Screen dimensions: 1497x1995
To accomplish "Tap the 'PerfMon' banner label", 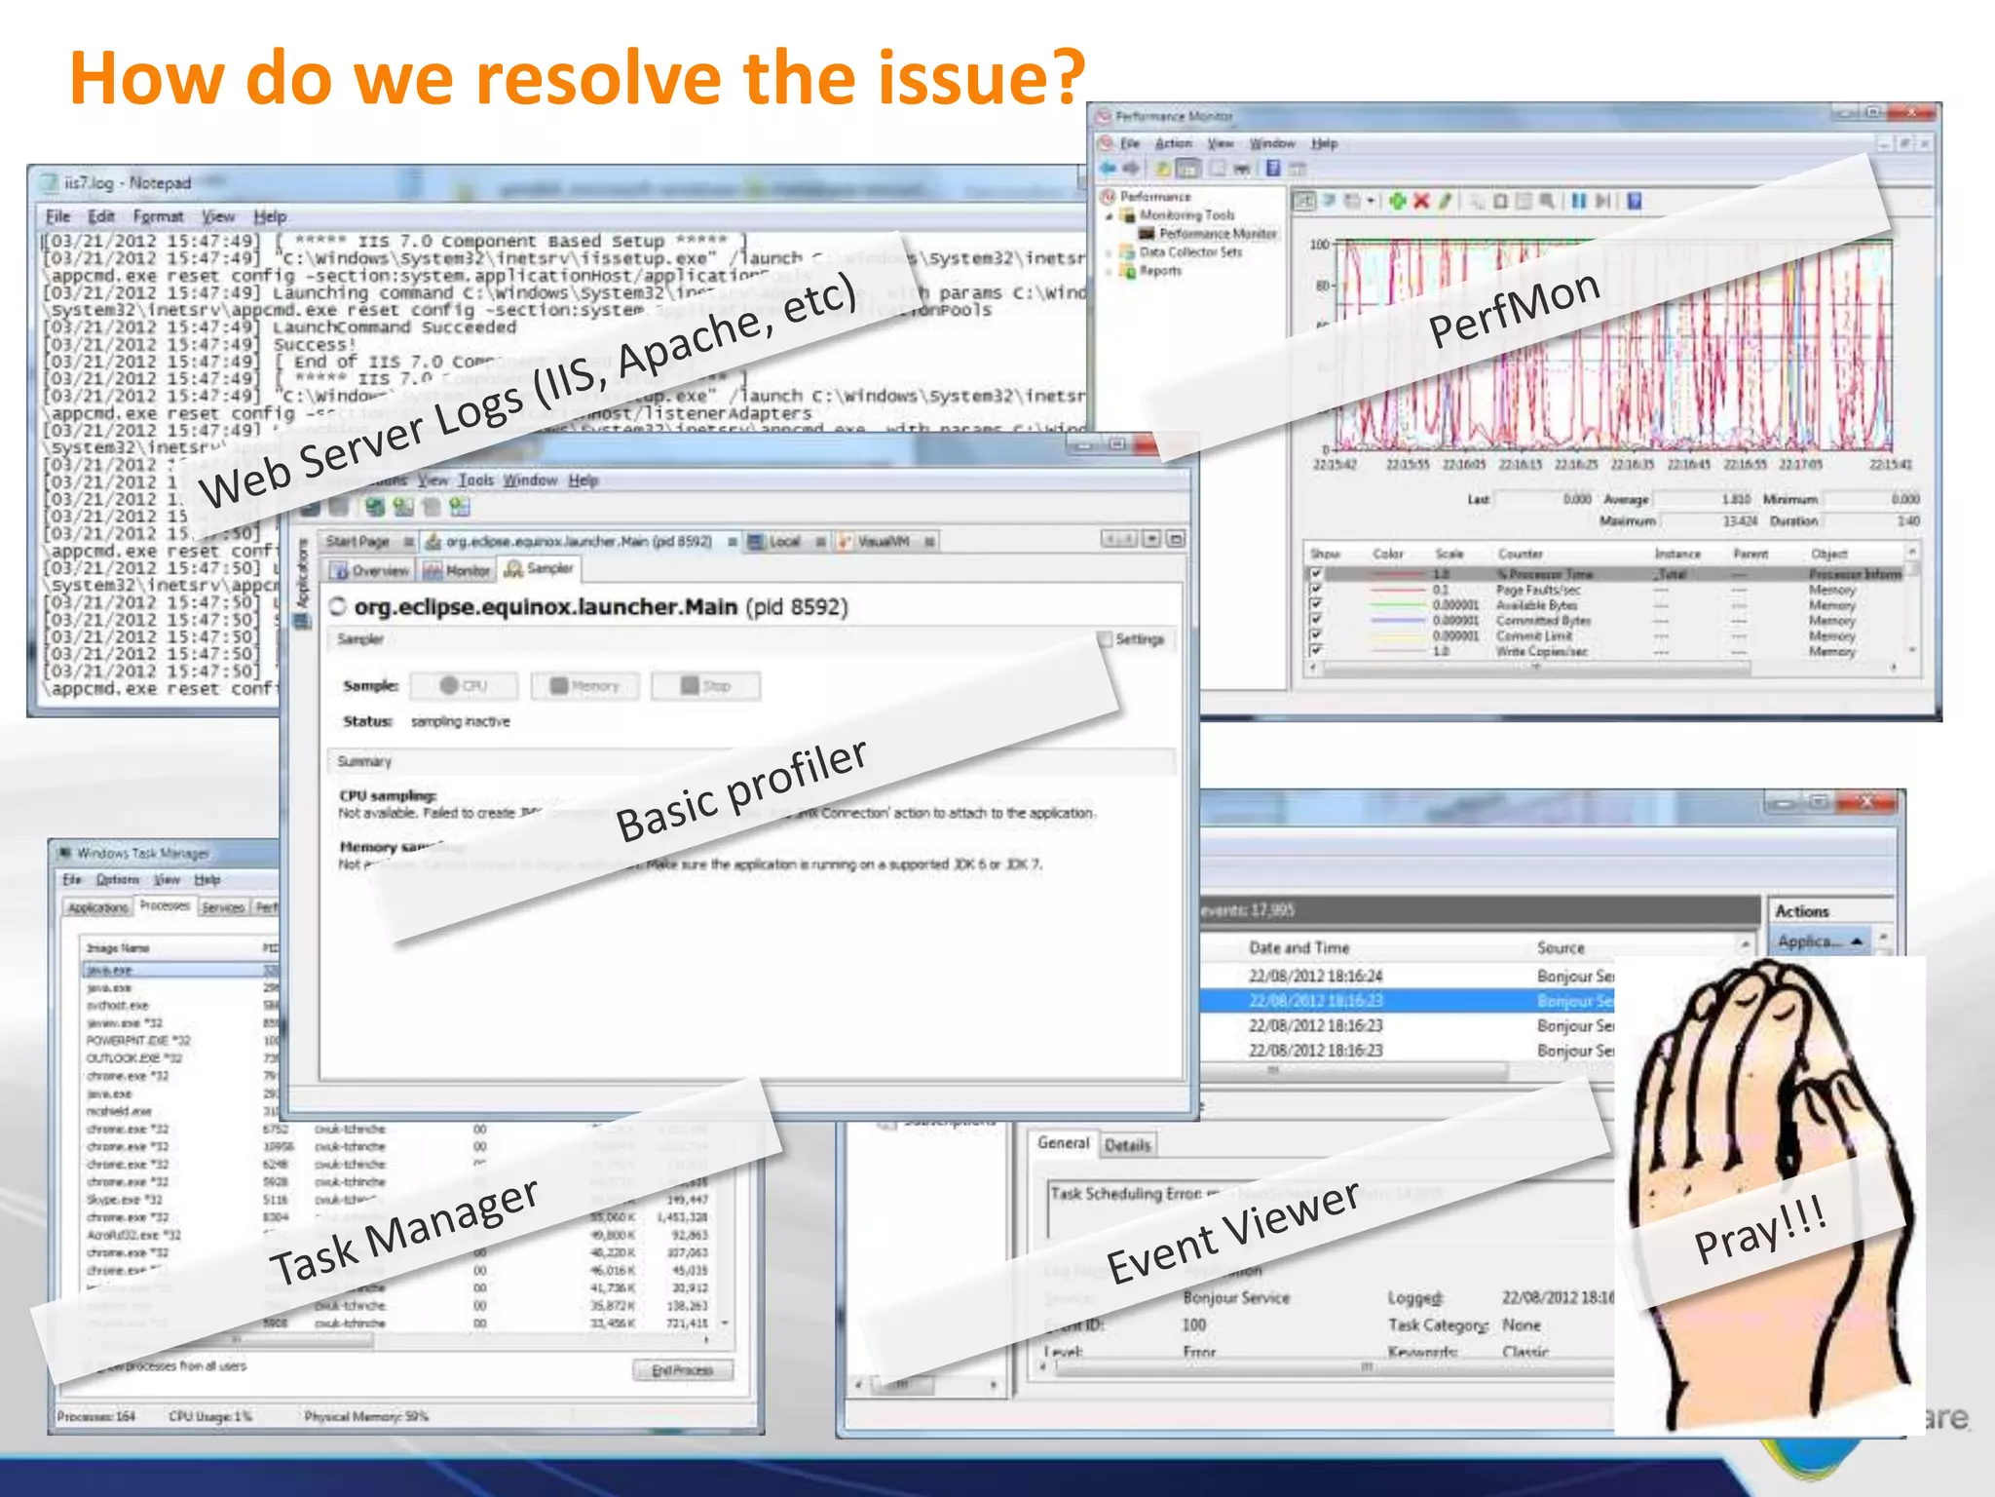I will [1514, 310].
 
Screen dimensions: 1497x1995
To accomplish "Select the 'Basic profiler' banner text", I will [741, 790].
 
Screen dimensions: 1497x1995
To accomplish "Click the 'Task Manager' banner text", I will [403, 1232].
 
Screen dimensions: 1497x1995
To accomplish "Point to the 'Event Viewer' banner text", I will [1232, 1232].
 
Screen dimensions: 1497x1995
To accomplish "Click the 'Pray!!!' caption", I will [1759, 1230].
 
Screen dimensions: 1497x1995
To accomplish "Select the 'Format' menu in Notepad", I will [158, 216].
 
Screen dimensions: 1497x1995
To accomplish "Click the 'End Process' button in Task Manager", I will [682, 1370].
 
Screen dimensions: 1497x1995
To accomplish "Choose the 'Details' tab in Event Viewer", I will [1127, 1145].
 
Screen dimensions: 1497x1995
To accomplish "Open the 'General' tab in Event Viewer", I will [1063, 1143].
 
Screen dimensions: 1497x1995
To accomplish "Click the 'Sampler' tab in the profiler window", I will [541, 569].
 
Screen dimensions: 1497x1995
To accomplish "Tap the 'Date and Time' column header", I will [1299, 947].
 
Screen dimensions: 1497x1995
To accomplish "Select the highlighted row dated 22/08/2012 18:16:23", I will [1315, 1001].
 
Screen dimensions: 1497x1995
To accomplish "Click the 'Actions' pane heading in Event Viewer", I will [1801, 911].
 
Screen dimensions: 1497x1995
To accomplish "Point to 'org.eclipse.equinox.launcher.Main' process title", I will [546, 607].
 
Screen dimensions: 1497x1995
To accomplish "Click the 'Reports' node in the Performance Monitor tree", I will [1160, 271].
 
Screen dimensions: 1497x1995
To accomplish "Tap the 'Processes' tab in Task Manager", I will [164, 906].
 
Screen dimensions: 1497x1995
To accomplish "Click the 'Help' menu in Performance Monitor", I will [1324, 143].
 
